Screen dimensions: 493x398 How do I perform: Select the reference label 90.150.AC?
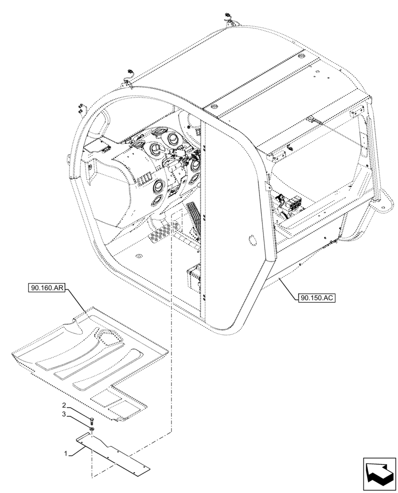coord(316,298)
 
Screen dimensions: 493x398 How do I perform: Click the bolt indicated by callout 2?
coord(91,420)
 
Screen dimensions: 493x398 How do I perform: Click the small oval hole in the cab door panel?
coord(251,241)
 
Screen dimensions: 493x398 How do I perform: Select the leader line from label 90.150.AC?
coord(288,288)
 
